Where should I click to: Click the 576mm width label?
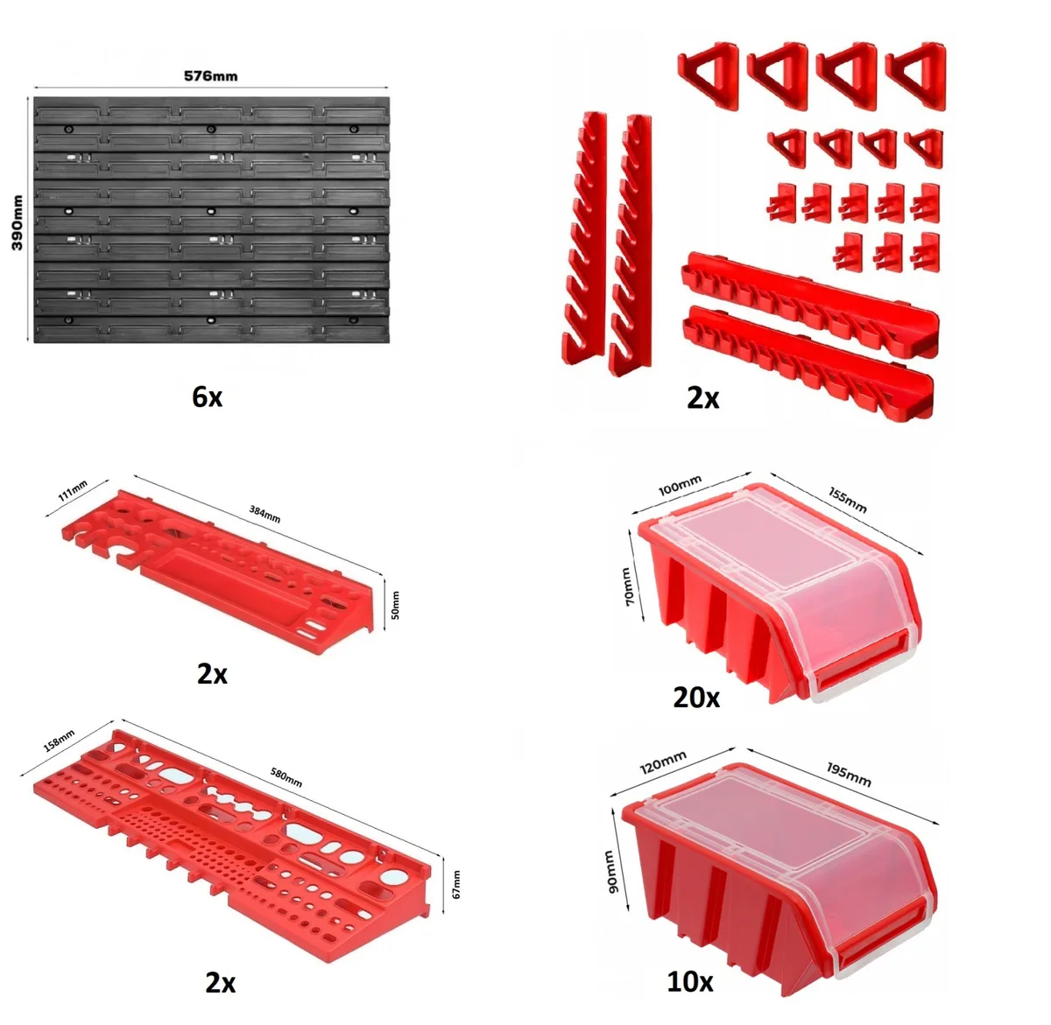[210, 75]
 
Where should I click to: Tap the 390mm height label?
[18, 222]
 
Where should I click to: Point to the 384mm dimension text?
[265, 513]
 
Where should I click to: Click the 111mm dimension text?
[73, 490]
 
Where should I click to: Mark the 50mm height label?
[395, 605]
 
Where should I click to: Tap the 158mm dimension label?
[59, 740]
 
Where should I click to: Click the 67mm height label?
[456, 884]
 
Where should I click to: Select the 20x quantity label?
[696, 698]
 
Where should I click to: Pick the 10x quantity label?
[689, 981]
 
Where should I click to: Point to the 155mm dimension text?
[848, 500]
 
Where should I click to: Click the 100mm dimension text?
[680, 485]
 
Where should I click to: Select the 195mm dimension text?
[849, 775]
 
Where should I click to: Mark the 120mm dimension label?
[663, 762]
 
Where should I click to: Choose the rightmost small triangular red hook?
[924, 147]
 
